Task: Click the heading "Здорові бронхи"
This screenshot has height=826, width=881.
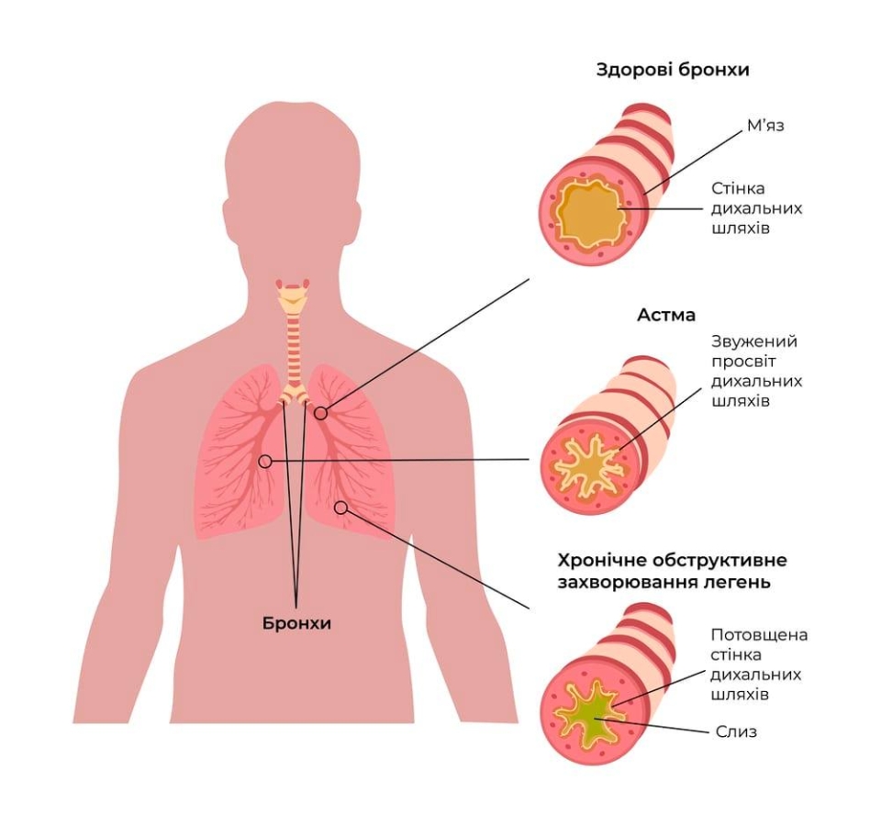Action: tap(672, 70)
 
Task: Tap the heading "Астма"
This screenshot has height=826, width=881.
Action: tap(666, 315)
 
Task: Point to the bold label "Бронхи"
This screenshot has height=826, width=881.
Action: tap(296, 623)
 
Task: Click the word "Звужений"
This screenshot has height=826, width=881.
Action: tap(754, 341)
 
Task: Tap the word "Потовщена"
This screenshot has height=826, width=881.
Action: tap(760, 635)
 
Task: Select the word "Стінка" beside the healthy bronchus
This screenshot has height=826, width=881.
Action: tap(740, 188)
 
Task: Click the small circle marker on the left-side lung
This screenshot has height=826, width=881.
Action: tap(265, 461)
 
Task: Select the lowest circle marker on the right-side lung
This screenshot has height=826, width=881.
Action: tap(340, 508)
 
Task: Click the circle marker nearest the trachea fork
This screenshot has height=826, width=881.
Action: tap(320, 414)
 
